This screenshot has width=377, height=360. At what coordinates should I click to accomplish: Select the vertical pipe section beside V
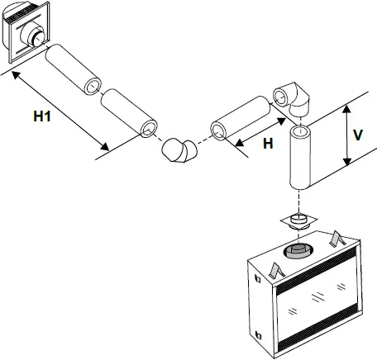point(301,156)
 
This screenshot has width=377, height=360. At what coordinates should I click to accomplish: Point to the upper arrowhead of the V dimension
point(346,107)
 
